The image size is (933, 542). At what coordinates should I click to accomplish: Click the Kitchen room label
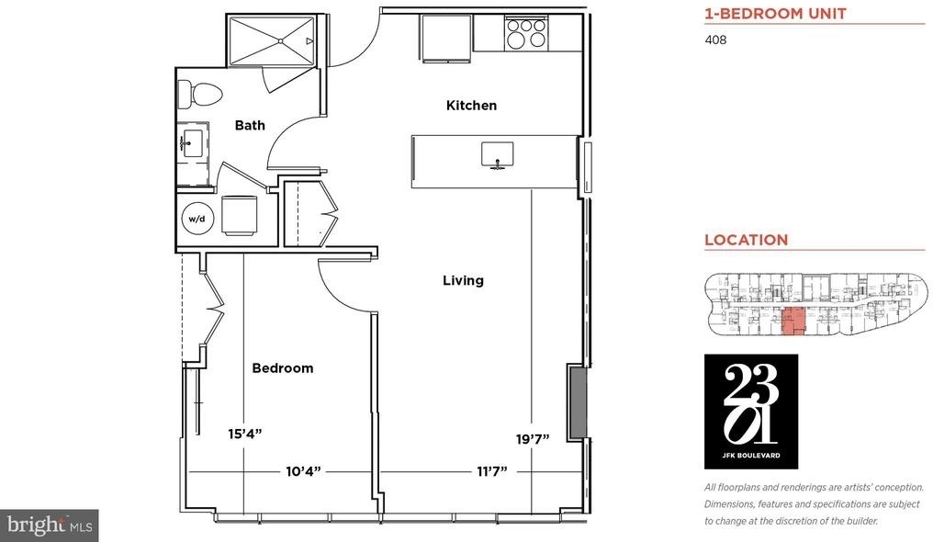pyautogui.click(x=471, y=106)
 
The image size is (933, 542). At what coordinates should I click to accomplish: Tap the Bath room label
pyautogui.click(x=250, y=125)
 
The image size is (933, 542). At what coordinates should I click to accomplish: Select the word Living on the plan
pyautogui.click(x=463, y=280)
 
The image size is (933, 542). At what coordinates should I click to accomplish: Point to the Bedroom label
pyautogui.click(x=283, y=367)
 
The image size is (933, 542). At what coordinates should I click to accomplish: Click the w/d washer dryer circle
pyautogui.click(x=197, y=219)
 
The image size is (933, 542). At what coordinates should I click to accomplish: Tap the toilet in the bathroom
pyautogui.click(x=199, y=95)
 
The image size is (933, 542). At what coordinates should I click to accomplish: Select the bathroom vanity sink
pyautogui.click(x=192, y=143)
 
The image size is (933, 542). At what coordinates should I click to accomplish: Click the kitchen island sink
pyautogui.click(x=498, y=154)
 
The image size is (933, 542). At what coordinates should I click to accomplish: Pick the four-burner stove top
pyautogui.click(x=525, y=33)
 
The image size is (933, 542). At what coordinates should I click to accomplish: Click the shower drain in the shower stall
pyautogui.click(x=280, y=41)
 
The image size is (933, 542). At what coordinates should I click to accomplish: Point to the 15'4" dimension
pyautogui.click(x=245, y=434)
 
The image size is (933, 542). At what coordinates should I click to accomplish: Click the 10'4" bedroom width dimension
pyautogui.click(x=303, y=471)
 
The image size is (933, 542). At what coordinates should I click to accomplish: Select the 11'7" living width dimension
pyautogui.click(x=492, y=471)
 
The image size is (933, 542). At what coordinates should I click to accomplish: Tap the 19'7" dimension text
pyautogui.click(x=533, y=439)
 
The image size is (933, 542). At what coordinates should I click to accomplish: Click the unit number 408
pyautogui.click(x=715, y=40)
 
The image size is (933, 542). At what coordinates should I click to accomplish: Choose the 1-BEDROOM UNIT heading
pyautogui.click(x=775, y=14)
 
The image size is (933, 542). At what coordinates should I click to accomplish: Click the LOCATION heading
pyautogui.click(x=747, y=240)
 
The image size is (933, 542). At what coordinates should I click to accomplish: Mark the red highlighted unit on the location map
pyautogui.click(x=792, y=322)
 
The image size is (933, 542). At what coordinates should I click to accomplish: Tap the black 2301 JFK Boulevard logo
pyautogui.click(x=751, y=412)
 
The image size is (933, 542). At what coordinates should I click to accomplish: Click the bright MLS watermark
pyautogui.click(x=50, y=525)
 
